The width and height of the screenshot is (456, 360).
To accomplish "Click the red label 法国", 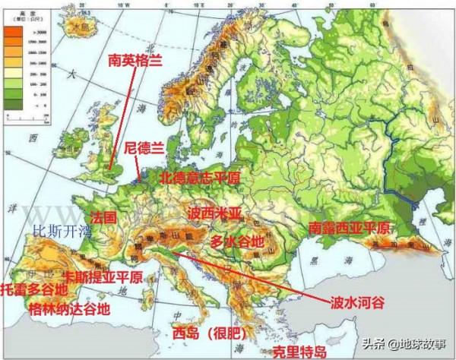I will pos(103,217).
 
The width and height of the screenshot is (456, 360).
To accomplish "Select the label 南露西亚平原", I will pos(349,228).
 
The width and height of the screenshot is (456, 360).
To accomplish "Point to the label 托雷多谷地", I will pos(34,290).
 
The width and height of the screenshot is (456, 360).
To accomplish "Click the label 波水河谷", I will pos(357,302).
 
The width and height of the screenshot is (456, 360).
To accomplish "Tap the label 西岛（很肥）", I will pos(201,333).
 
